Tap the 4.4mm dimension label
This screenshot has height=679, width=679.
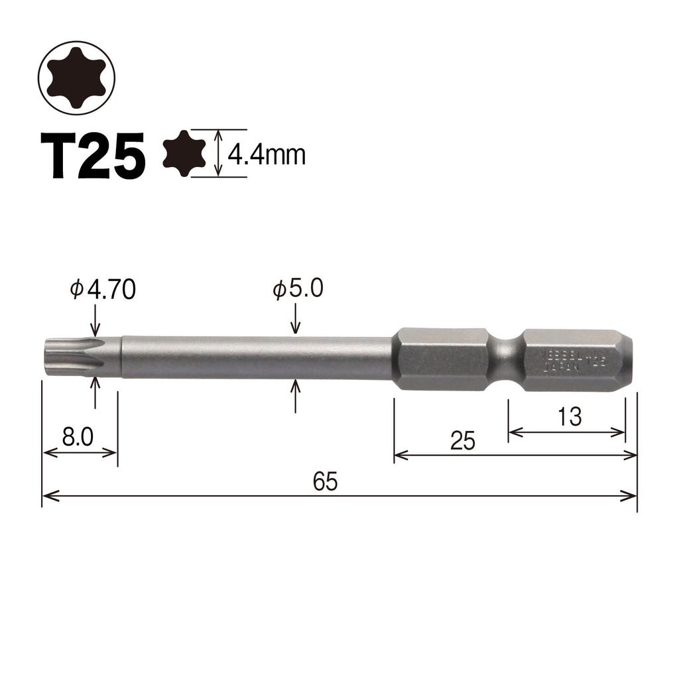(x=266, y=155)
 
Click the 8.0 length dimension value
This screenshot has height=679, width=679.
(x=78, y=437)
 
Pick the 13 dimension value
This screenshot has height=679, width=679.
(x=568, y=417)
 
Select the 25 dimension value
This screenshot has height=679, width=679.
(x=463, y=441)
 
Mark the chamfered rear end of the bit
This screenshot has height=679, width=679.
(x=626, y=358)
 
